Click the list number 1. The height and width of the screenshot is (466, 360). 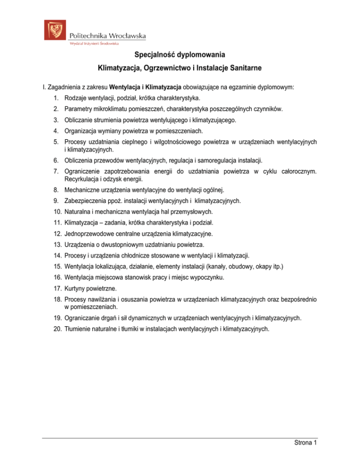(x=56, y=98)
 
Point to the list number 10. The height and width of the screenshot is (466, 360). (x=57, y=212)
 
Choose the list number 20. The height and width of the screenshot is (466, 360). (x=57, y=329)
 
